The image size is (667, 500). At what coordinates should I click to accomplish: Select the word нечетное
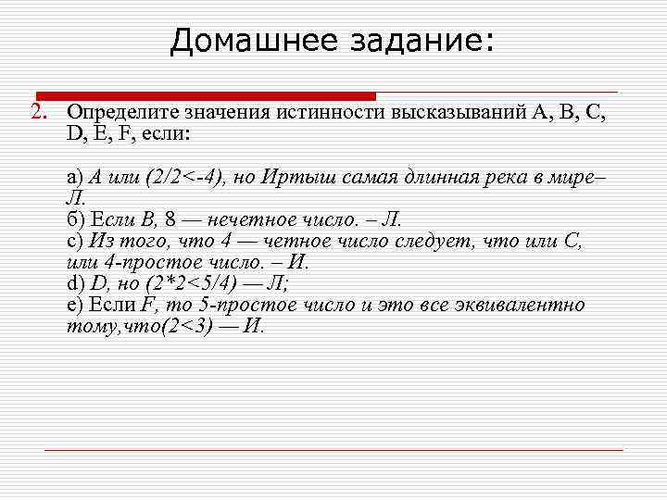[221, 219]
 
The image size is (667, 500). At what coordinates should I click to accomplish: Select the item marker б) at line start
[75, 219]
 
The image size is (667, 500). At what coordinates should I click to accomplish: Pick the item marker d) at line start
[75, 283]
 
